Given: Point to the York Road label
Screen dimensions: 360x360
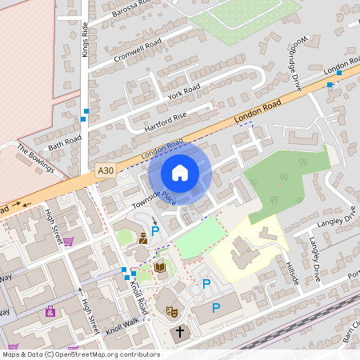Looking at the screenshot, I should point(185,92).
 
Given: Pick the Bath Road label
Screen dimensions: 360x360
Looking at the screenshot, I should point(65,143).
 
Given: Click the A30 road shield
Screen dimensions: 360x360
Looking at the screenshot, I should point(105,170).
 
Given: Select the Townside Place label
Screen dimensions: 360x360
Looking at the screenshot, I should point(154,198).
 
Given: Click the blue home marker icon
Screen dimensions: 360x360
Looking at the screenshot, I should point(180,173).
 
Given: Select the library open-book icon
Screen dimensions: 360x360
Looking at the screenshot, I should point(160,267).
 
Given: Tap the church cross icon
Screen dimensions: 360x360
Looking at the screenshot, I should point(179,331).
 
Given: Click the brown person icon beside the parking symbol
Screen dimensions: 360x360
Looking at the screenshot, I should point(142,238).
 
